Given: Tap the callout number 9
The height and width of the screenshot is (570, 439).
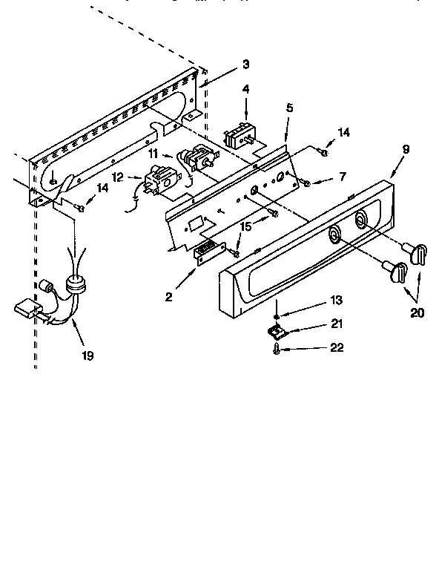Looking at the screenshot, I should point(405,148).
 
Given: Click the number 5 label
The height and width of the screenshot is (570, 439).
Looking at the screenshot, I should point(289,108).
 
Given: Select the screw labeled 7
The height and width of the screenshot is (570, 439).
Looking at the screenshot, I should point(305,179).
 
